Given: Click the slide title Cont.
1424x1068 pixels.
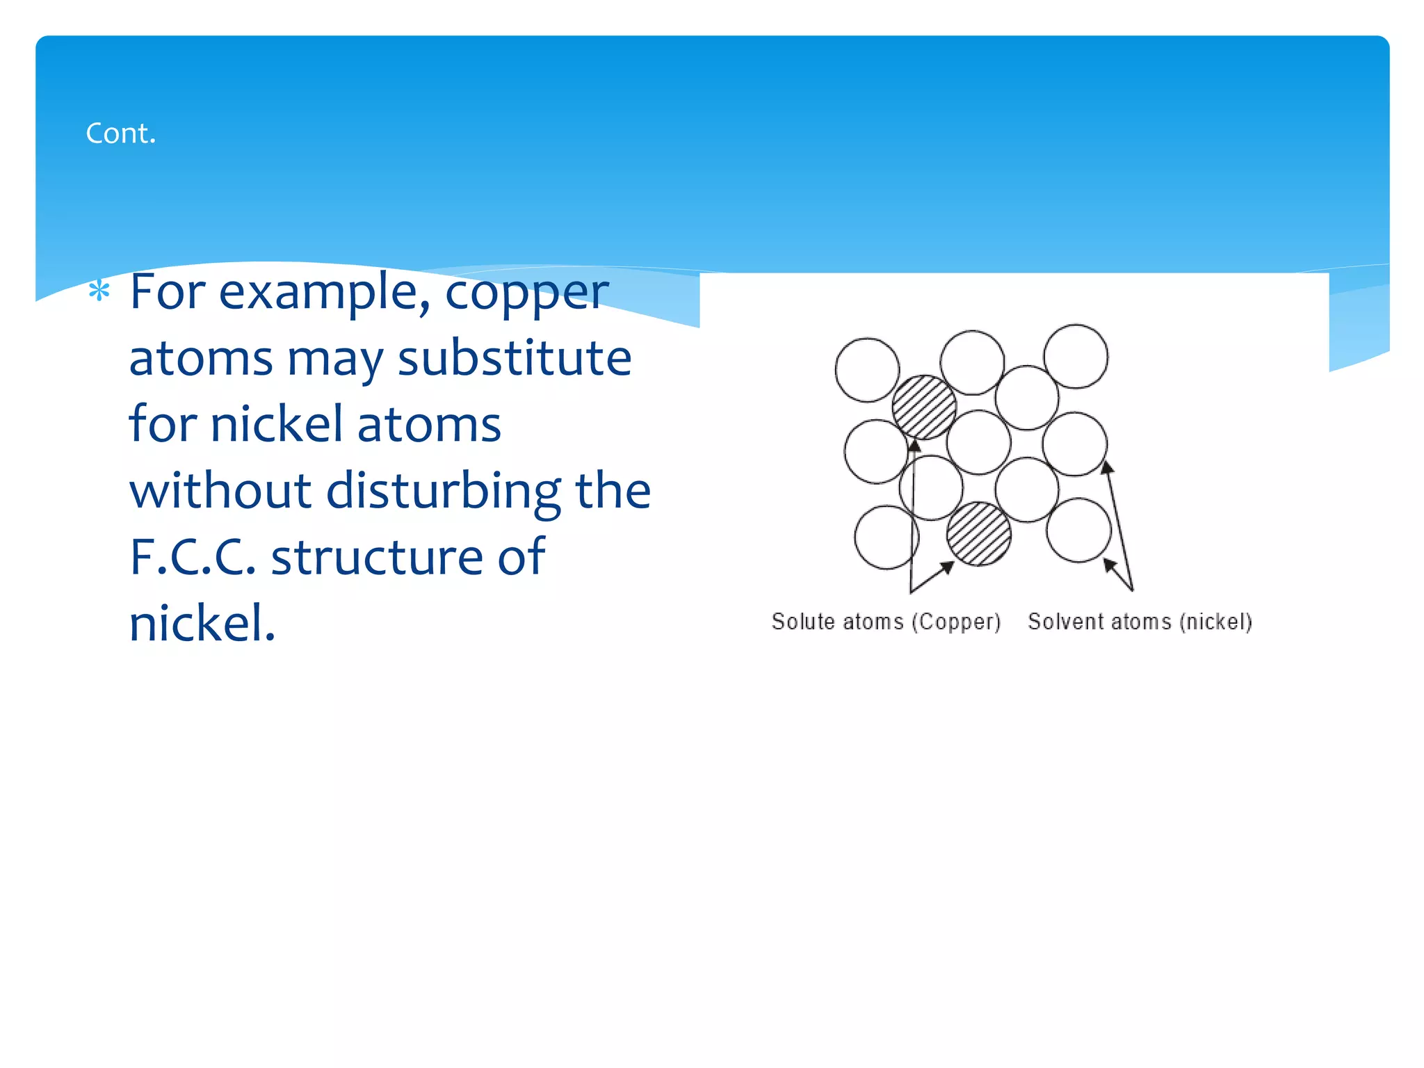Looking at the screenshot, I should [x=120, y=133].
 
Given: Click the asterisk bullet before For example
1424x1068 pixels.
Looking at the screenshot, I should [x=99, y=291].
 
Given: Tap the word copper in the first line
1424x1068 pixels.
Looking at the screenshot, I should [x=526, y=293].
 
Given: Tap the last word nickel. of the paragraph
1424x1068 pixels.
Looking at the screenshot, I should [x=202, y=622].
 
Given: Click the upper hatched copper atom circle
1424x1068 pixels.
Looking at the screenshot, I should [x=924, y=407].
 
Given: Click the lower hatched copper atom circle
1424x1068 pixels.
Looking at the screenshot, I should [x=979, y=534].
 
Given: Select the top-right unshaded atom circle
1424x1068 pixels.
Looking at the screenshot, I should [x=1076, y=356].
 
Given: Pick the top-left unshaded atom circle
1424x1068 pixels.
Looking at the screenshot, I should [x=867, y=370].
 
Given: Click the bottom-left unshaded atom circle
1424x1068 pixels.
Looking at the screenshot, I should [x=887, y=537].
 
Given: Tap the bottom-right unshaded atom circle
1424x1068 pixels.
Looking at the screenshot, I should [x=1078, y=530].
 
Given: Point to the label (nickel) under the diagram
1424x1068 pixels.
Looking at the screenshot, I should [x=1215, y=622].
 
